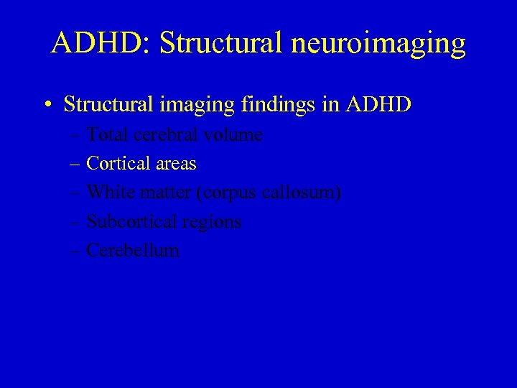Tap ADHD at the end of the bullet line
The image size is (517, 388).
[378, 104]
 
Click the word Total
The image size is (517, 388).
[107, 134]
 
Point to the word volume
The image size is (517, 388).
[233, 134]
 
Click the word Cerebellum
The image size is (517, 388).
[133, 250]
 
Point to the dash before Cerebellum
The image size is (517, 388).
[76, 251]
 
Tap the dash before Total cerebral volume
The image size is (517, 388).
[76, 135]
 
